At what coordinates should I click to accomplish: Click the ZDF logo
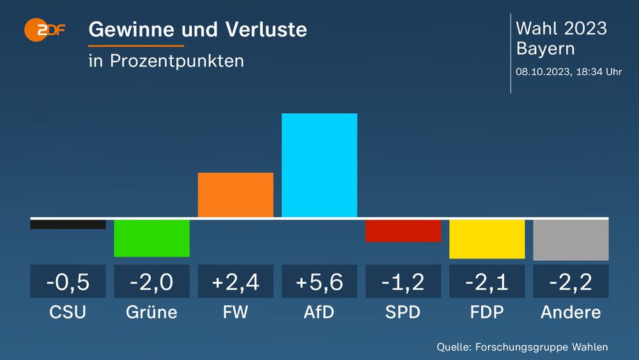tap(45, 29)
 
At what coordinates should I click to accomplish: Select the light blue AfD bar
tap(319, 165)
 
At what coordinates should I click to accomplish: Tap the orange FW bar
tap(236, 195)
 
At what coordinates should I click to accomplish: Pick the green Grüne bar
tap(152, 238)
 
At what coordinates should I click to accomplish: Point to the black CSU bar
tap(68, 224)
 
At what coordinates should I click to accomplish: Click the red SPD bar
tap(403, 231)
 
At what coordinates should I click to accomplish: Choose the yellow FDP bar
tap(487, 239)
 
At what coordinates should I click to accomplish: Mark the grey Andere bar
tap(571, 240)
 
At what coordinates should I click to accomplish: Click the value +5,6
tap(319, 281)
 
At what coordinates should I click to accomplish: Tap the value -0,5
tap(68, 281)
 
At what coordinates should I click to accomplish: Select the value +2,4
tap(236, 281)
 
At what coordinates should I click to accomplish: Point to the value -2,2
tap(571, 281)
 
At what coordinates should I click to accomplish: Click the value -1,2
tap(403, 281)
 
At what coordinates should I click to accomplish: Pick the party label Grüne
tap(152, 312)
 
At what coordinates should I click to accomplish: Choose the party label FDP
tap(487, 312)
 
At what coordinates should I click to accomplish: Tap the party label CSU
tap(68, 312)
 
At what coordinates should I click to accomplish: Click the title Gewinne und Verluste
tap(197, 29)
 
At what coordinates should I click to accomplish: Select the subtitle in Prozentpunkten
tap(166, 61)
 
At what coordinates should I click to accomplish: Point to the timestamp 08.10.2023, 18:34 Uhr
tap(569, 72)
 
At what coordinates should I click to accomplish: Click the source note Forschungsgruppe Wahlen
tap(522, 347)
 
